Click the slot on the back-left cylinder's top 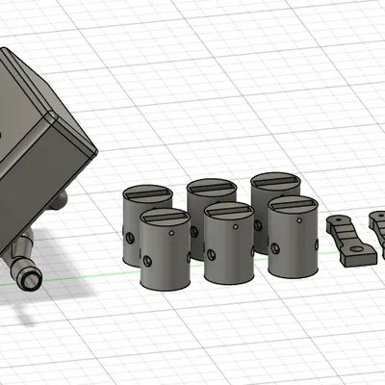[x=148, y=192]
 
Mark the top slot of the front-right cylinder [x=293, y=204]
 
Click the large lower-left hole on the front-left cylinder [x=147, y=261]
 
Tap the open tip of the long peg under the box [x=30, y=280]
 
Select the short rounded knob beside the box [x=60, y=201]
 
